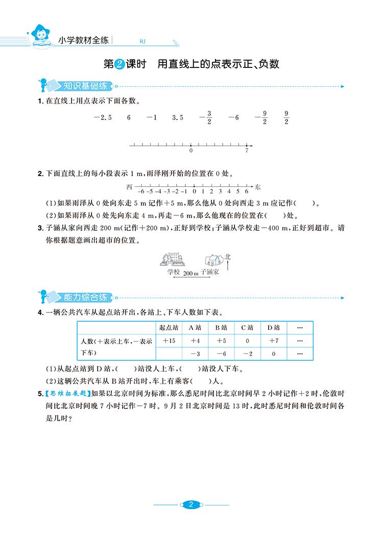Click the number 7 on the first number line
coord(247,151)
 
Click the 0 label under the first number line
coord(191,151)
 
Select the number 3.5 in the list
coord(178,117)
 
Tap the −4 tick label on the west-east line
coord(158,191)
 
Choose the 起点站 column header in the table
coord(169,328)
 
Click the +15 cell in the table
coord(169,341)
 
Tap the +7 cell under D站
coord(273,341)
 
